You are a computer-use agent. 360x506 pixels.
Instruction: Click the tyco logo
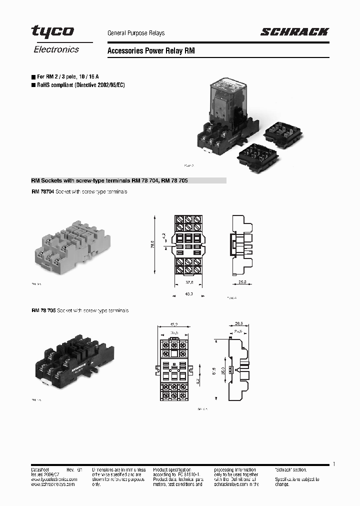[x=52, y=31]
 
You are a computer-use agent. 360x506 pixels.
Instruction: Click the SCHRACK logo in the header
[x=294, y=32]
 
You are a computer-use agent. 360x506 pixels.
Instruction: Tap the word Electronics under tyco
[x=56, y=49]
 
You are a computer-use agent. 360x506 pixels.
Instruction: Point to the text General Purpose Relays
[x=136, y=33]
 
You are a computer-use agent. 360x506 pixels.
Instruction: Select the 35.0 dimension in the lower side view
[x=222, y=370]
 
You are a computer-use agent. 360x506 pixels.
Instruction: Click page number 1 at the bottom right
[x=333, y=464]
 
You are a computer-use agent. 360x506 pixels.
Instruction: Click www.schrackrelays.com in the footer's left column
[x=52, y=484]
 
